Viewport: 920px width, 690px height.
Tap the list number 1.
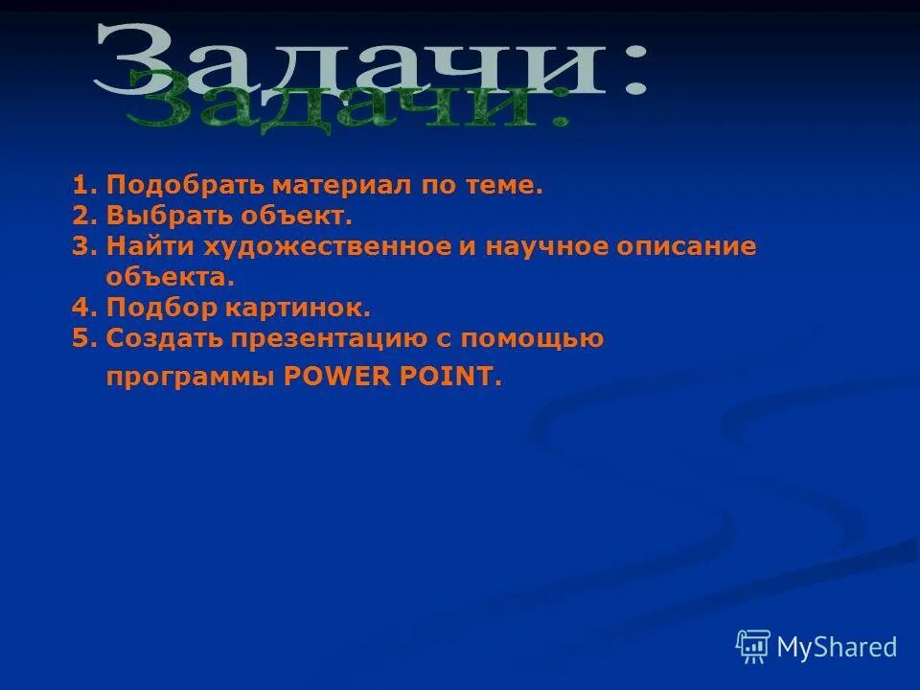pyautogui.click(x=83, y=185)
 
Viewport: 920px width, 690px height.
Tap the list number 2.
pyautogui.click(x=83, y=216)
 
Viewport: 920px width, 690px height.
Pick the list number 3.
pyautogui.click(x=83, y=246)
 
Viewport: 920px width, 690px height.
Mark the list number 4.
pyautogui.click(x=83, y=308)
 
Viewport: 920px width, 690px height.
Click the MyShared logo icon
pyautogui.click(x=752, y=647)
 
